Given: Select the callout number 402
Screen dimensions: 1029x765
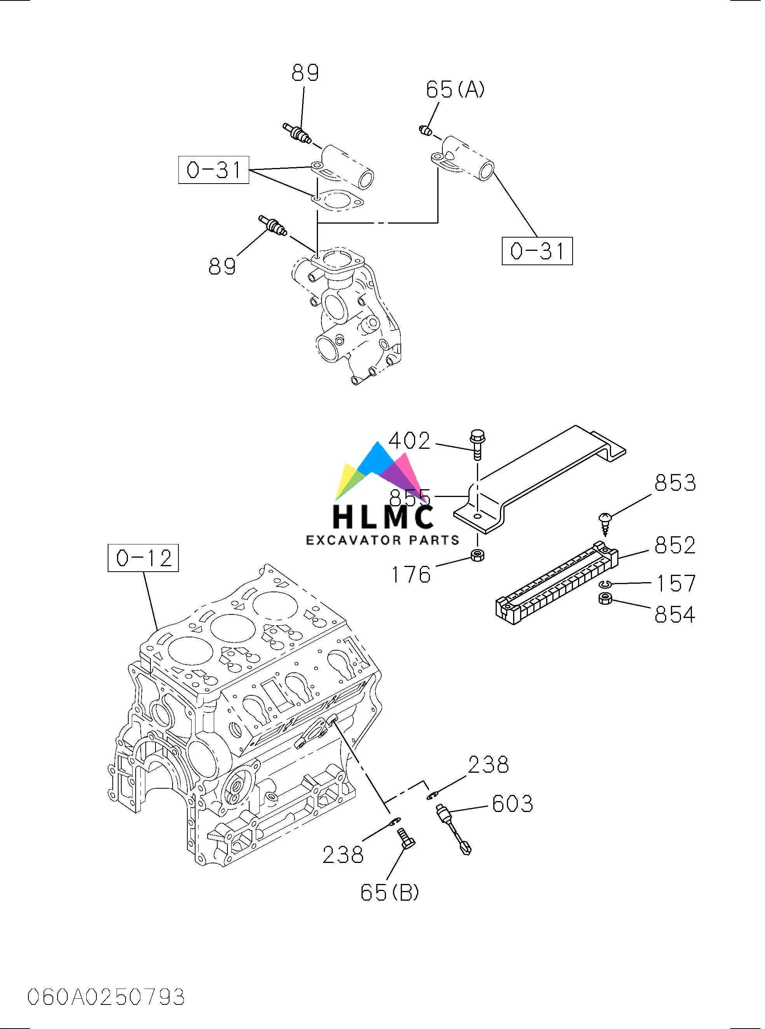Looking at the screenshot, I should pos(409,441).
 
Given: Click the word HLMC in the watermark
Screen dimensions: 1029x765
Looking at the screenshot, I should pos(383,517).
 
